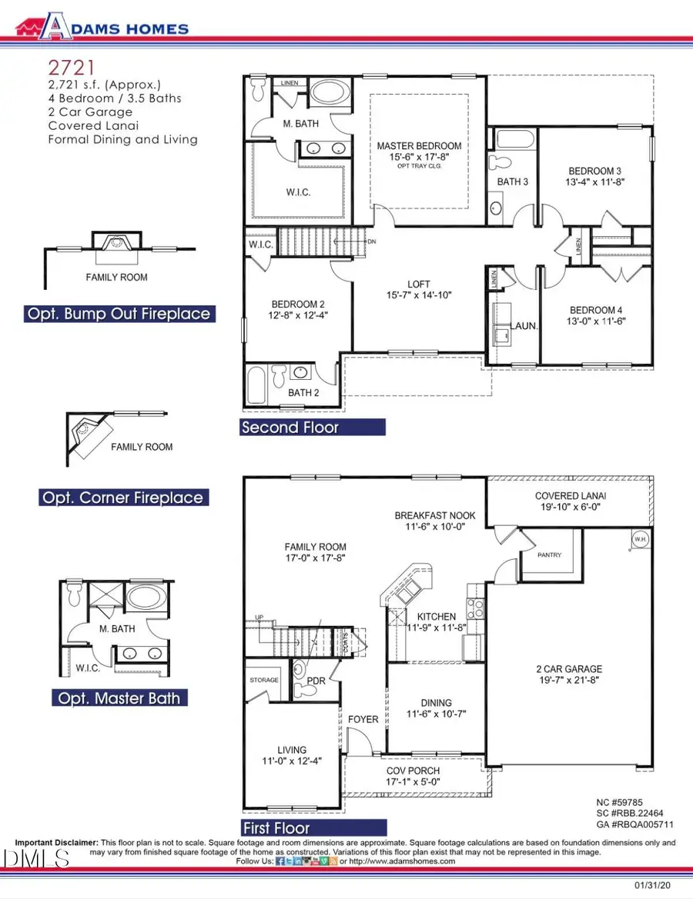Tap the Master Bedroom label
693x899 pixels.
[x=419, y=146]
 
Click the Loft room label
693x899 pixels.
[x=419, y=284]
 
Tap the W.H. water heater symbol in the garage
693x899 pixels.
[x=639, y=539]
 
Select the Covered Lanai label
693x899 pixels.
[x=568, y=496]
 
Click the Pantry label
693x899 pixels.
[x=549, y=554]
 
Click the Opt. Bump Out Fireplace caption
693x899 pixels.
[x=119, y=314]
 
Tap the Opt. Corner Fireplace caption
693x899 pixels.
[x=123, y=498]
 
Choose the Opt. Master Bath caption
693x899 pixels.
[x=119, y=698]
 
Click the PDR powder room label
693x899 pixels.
[x=316, y=681]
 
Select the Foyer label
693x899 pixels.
[x=363, y=720]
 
